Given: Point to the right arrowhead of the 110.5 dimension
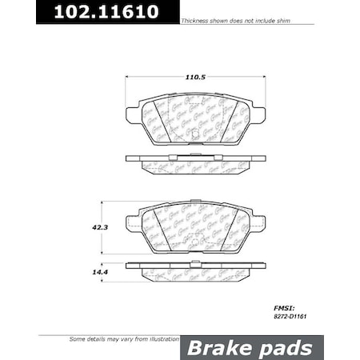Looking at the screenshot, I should coord(259,77).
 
